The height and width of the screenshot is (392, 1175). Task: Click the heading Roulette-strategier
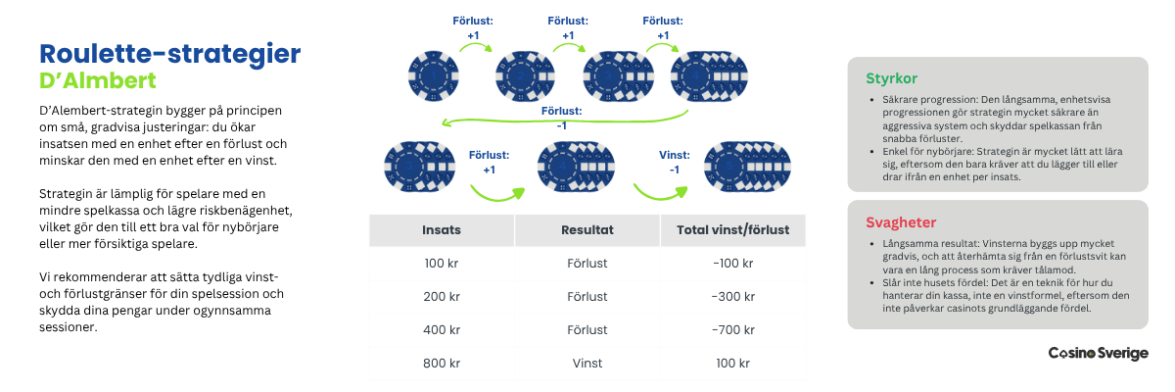click(168, 53)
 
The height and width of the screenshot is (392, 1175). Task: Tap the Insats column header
click(441, 230)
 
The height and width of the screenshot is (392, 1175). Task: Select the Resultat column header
click(587, 230)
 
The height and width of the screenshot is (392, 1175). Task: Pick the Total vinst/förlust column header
click(732, 230)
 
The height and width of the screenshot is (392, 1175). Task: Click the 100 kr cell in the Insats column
click(441, 264)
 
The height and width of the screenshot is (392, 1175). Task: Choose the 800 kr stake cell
click(441, 363)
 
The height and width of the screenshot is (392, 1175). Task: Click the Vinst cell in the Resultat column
click(587, 363)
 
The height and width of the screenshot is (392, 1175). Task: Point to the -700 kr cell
click(732, 329)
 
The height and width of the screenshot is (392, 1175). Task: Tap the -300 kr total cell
click(732, 297)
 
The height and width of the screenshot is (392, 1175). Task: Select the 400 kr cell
click(441, 329)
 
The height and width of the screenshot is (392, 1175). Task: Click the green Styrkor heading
click(891, 78)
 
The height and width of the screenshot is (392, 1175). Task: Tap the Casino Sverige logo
click(1098, 353)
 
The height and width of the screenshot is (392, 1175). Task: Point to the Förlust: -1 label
click(562, 118)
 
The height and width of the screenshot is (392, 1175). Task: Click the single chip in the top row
click(433, 74)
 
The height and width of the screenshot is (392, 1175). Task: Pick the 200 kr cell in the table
click(441, 297)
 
